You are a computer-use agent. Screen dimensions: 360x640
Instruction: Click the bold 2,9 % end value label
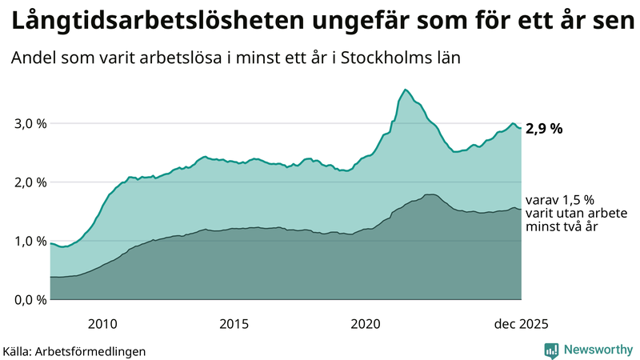(x=550, y=128)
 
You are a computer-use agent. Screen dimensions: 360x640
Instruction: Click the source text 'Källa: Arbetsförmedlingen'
(x=74, y=350)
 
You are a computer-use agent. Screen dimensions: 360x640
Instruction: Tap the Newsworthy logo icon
(x=551, y=350)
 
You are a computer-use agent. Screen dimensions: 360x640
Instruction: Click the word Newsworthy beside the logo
(x=598, y=350)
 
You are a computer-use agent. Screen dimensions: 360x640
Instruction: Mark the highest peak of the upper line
(x=406, y=90)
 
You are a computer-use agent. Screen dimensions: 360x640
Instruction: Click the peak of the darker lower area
(x=430, y=194)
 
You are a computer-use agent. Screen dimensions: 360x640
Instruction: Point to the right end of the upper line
(x=521, y=128)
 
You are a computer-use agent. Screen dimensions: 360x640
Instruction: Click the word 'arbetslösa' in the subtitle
(x=190, y=58)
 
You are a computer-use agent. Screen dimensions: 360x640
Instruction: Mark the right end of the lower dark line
(x=521, y=210)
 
